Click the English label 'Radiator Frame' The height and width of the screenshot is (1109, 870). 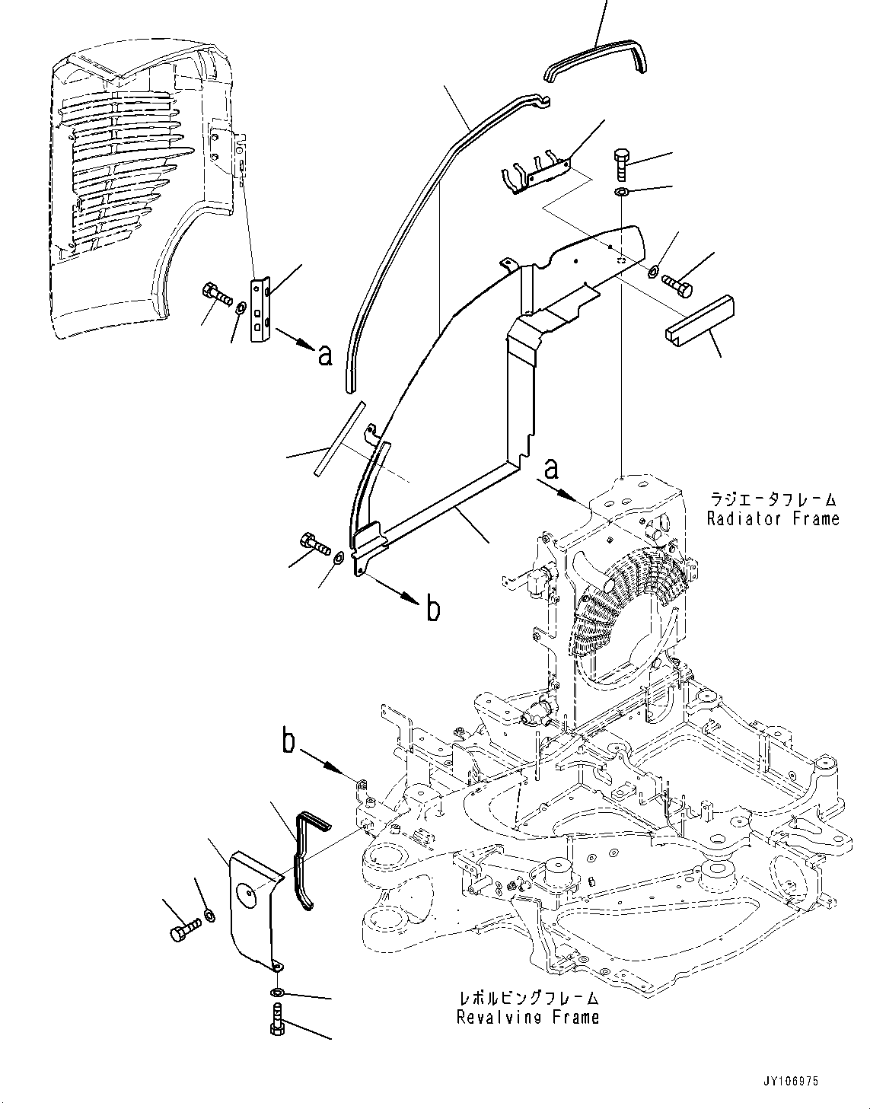pyautogui.click(x=773, y=519)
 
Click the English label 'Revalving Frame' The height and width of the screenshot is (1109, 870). pyautogui.click(x=527, y=1017)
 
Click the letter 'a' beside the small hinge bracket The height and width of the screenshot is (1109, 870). pyautogui.click(x=325, y=355)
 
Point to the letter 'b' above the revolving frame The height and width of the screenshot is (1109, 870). pyautogui.click(x=288, y=741)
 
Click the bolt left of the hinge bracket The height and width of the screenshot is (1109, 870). pyautogui.click(x=217, y=293)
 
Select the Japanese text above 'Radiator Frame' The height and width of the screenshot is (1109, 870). pyautogui.click(x=773, y=500)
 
